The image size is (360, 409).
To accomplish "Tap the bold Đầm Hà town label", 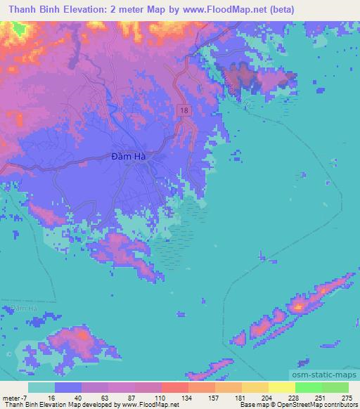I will (129, 157).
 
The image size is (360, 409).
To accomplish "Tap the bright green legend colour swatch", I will (309, 387).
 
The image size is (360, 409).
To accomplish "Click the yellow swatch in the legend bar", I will (282, 387).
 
